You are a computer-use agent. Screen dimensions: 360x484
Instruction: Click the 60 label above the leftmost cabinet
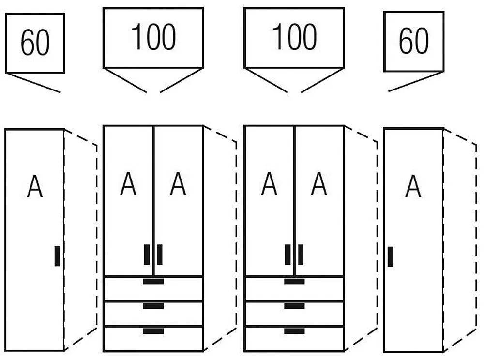pos(35,43)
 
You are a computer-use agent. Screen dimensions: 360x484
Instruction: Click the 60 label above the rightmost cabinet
pos(413,41)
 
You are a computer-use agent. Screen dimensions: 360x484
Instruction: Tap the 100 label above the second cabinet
pos(153,37)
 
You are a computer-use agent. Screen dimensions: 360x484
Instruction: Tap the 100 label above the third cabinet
pos(294,37)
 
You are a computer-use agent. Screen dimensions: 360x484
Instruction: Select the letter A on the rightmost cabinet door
pos(413,187)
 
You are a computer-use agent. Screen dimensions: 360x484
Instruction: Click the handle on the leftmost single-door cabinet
pos(57,256)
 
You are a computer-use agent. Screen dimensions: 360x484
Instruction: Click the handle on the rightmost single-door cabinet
pos(390,256)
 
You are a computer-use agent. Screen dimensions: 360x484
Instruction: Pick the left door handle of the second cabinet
pos(147,255)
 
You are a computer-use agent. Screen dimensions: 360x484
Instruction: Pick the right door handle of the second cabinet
pos(160,255)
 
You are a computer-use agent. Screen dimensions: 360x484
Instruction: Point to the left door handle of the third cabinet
pos(287,255)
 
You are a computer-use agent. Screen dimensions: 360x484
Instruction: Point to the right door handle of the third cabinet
pos(301,255)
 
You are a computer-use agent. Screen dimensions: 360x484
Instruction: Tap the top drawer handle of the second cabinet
pos(153,281)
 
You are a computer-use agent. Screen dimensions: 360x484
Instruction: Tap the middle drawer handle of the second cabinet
pos(153,306)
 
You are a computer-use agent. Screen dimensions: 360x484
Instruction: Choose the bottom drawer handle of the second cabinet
pos(153,331)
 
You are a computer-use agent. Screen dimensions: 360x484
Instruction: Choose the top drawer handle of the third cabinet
pos(294,281)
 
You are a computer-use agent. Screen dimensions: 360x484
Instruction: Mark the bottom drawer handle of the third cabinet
pos(294,331)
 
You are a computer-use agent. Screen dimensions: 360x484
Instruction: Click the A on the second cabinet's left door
pos(128,184)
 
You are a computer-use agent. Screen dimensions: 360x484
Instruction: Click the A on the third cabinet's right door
pos(319,184)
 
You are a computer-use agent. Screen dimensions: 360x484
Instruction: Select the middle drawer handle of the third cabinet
pos(294,306)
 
